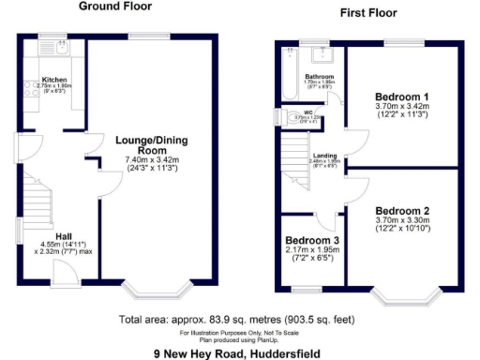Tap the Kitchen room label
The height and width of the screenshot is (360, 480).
[52, 80]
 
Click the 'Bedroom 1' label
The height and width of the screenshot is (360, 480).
[402, 97]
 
